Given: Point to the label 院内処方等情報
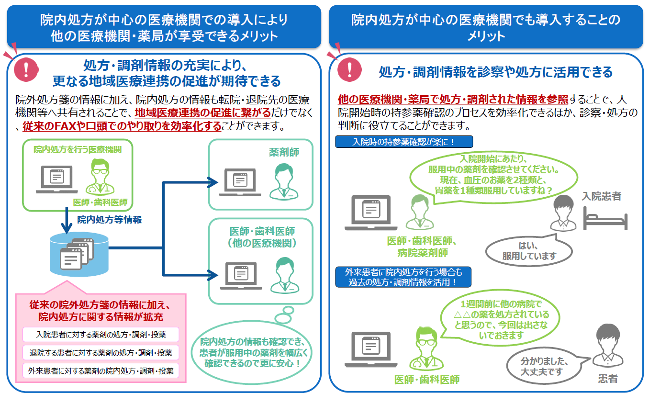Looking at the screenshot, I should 110,220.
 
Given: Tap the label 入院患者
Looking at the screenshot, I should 602,196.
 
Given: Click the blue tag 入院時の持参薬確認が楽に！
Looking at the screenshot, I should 404,142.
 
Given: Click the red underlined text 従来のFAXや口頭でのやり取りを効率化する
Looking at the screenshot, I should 122,126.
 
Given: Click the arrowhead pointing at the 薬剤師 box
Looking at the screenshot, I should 211,181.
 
